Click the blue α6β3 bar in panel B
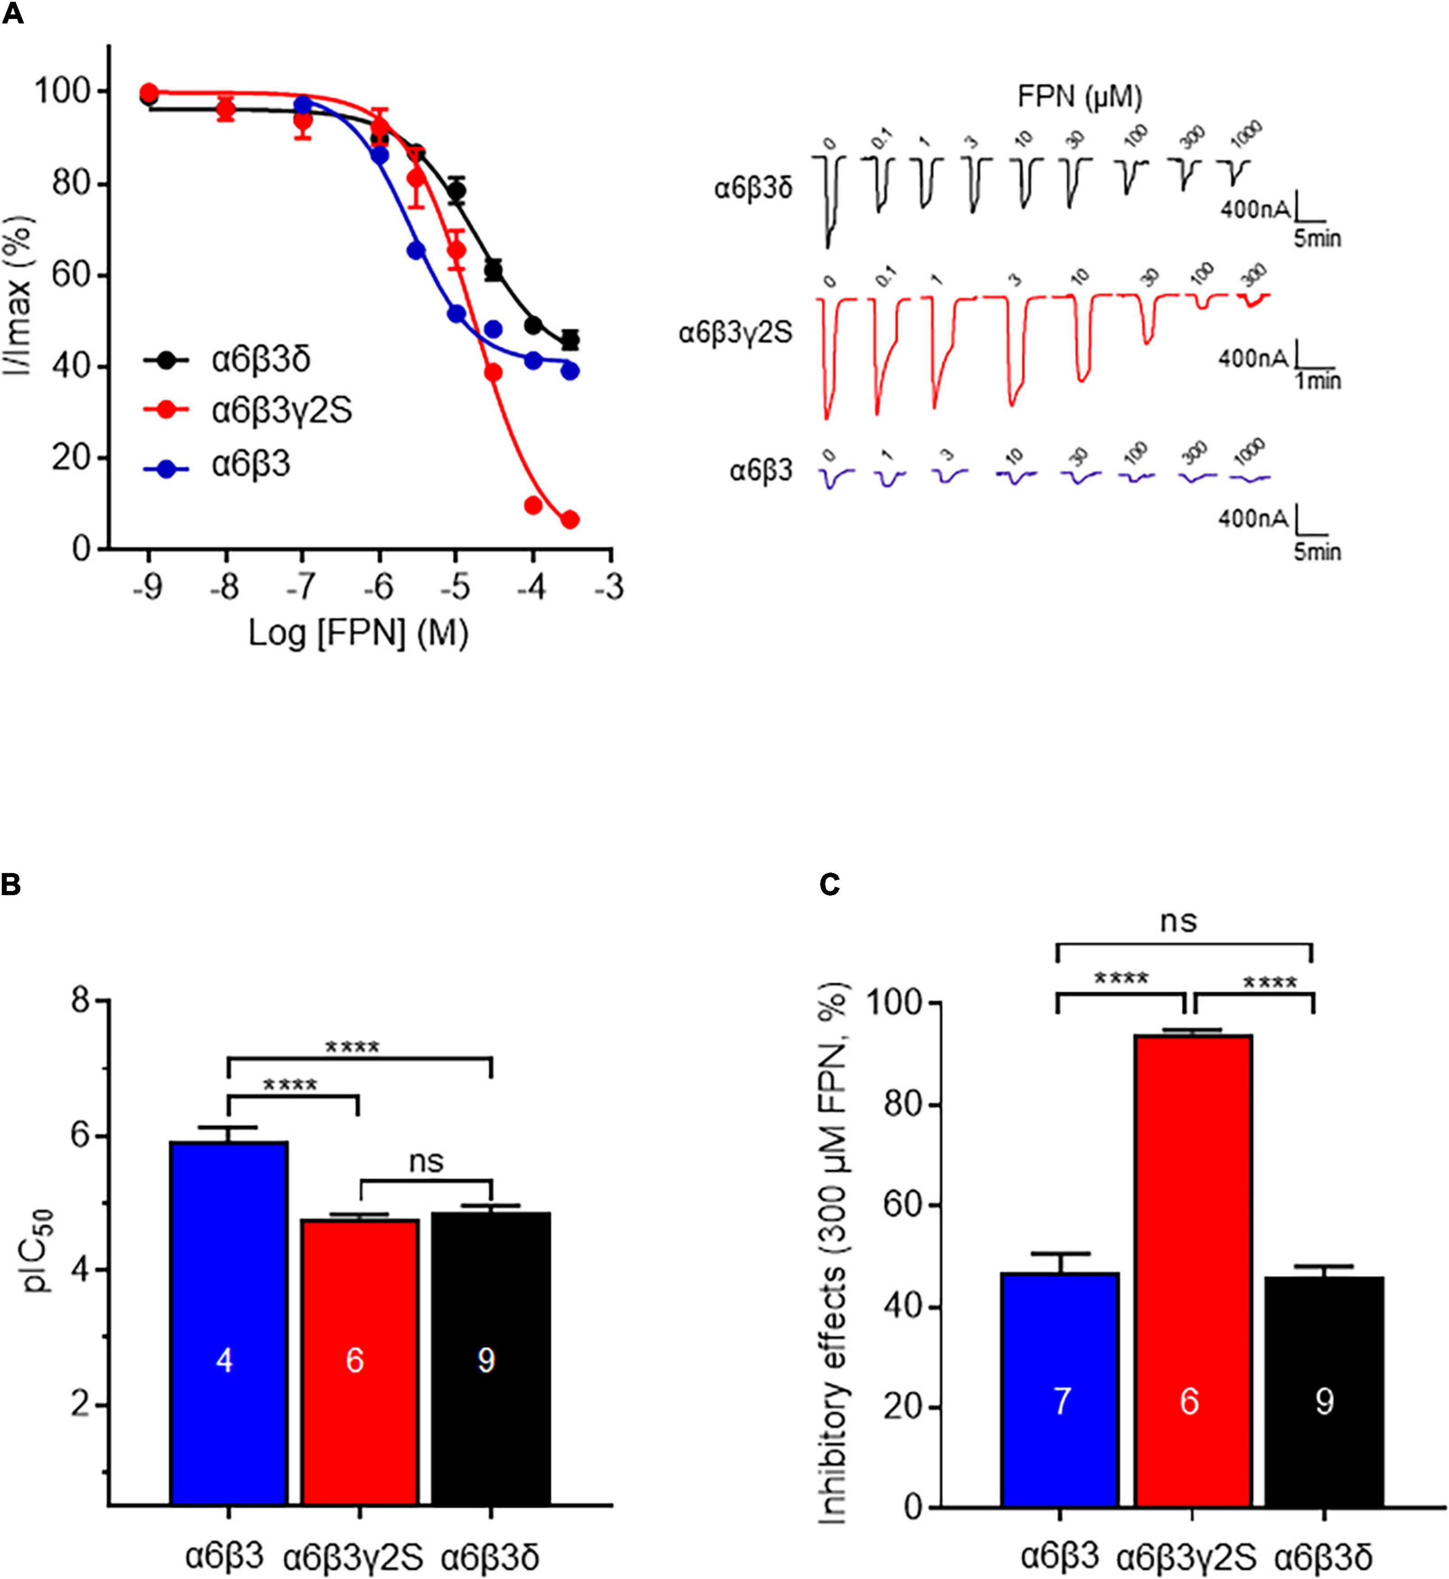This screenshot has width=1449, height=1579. pos(228,1326)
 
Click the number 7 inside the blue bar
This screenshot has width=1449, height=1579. pos(1061,1401)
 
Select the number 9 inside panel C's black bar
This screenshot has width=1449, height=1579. pos(1324,1401)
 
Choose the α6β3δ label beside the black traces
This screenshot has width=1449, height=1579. pos(753,189)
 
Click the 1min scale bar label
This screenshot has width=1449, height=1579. pos(1317,381)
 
